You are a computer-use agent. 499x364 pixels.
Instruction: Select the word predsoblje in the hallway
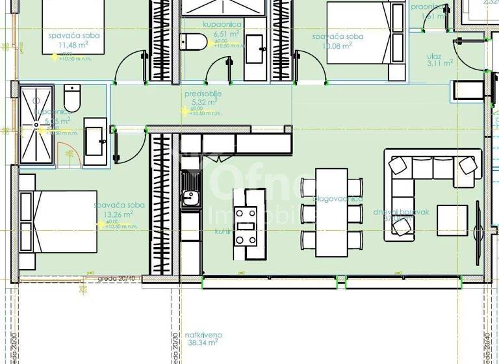pyautogui.click(x=203, y=94)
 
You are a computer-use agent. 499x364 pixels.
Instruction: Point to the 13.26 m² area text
pyautogui.click(x=118, y=213)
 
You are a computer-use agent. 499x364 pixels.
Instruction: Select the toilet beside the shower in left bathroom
pyautogui.click(x=71, y=97)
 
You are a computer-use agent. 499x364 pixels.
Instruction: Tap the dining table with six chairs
pyautogui.click(x=332, y=213)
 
